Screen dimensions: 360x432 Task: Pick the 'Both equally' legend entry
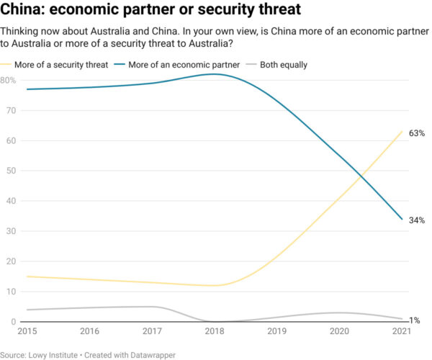pos(283,65)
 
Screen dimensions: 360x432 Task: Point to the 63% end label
pos(416,133)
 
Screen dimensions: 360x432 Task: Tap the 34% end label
pos(416,220)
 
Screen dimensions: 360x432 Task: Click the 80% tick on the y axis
pos(9,80)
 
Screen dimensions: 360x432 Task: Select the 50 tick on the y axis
pos(7,171)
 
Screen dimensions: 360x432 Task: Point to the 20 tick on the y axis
pos(7,261)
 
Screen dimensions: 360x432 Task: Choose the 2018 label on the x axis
pos(214,331)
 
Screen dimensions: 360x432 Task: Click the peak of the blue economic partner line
pos(214,74)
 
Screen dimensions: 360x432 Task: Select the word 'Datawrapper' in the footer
pos(150,354)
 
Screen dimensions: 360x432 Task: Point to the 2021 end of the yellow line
pos(402,131)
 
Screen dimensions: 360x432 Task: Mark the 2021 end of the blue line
pos(402,219)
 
